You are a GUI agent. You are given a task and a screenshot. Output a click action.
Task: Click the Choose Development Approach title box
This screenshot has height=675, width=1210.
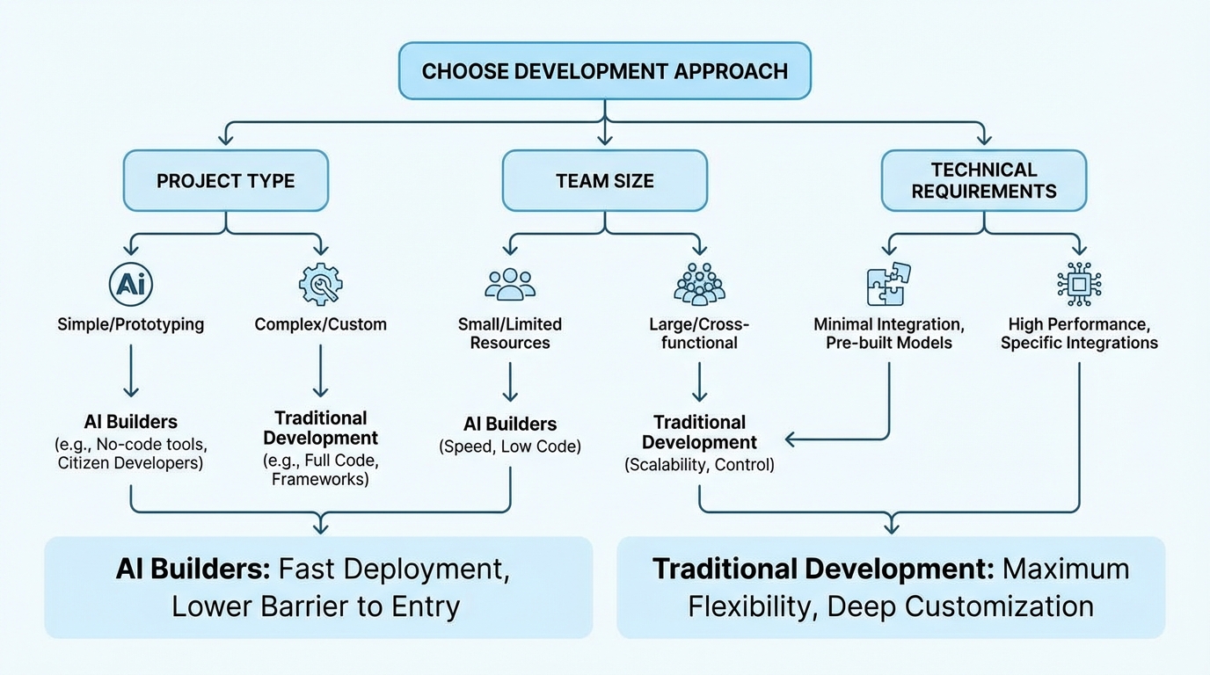(605, 71)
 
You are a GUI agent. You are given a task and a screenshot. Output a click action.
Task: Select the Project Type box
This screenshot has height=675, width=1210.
(225, 181)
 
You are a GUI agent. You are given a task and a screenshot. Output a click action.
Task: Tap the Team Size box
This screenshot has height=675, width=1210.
(605, 181)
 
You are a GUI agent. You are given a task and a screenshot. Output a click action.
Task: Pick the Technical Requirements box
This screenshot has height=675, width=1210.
(984, 180)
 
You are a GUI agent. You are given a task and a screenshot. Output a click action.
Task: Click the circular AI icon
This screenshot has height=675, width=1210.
(131, 283)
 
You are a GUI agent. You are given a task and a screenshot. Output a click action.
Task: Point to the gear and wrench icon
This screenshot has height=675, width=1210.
(320, 283)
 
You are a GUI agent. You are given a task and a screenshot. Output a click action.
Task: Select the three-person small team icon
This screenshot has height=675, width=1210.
(510, 283)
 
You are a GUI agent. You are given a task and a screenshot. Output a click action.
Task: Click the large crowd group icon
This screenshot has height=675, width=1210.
(699, 283)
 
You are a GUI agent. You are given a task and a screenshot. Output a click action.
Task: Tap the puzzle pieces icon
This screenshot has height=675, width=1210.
(889, 283)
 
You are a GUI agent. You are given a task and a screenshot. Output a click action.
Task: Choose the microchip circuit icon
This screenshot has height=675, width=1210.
(1079, 284)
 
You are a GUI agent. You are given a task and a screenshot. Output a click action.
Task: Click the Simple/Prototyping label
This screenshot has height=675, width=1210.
(131, 324)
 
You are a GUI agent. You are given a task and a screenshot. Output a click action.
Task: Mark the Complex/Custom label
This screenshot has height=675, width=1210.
(320, 324)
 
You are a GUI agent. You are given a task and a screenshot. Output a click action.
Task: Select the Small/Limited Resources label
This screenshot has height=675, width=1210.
(510, 333)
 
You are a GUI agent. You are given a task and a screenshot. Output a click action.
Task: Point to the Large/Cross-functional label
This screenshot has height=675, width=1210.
(699, 333)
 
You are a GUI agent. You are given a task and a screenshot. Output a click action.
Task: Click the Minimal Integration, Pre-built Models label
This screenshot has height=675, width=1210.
(889, 333)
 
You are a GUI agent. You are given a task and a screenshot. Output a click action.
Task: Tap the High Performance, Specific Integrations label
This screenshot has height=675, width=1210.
(1079, 333)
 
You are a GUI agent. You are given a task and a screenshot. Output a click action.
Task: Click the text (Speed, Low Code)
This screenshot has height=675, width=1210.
(510, 446)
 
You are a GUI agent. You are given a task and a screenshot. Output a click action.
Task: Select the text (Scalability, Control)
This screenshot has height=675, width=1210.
(699, 465)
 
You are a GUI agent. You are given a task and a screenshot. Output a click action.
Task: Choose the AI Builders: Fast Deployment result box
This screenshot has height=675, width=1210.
(318, 587)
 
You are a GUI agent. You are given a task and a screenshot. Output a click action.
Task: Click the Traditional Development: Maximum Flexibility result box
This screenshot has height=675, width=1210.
(891, 587)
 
